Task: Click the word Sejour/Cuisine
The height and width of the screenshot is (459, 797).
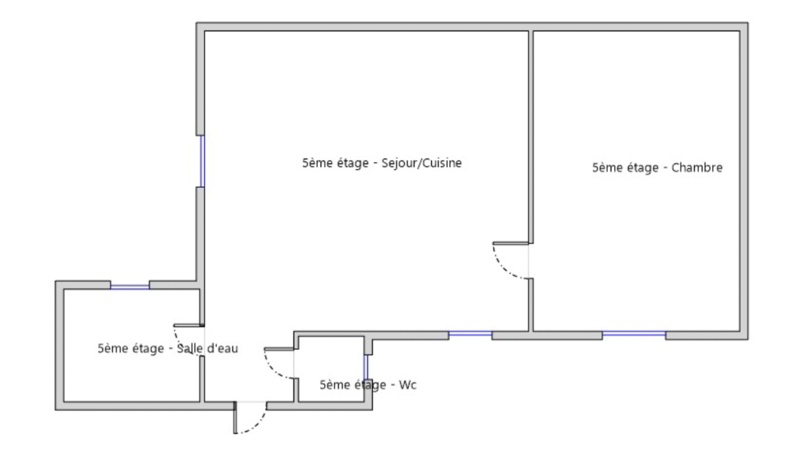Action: coord(421,163)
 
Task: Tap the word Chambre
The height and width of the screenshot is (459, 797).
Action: coord(697,167)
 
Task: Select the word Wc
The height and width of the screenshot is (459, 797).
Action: coord(408,385)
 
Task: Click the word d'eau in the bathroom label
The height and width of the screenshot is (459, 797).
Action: coord(222,348)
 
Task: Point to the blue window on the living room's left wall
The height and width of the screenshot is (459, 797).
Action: coord(202,161)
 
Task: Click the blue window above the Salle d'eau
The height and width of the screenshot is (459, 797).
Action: coord(130,286)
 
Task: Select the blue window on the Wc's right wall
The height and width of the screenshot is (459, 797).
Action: coord(366,367)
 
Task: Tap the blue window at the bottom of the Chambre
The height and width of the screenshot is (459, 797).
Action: coord(634,333)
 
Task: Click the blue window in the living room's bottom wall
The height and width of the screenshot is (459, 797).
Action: coord(470,333)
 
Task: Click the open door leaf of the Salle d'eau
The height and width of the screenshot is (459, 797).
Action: coord(189,325)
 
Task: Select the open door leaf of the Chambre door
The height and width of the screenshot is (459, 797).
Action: coord(511,243)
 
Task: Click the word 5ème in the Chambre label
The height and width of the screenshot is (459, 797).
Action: coord(605,168)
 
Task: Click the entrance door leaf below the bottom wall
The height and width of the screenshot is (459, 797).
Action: coord(235,417)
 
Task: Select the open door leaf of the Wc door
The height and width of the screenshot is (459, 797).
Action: coord(279,349)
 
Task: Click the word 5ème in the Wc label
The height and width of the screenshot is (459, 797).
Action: coord(332,385)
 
